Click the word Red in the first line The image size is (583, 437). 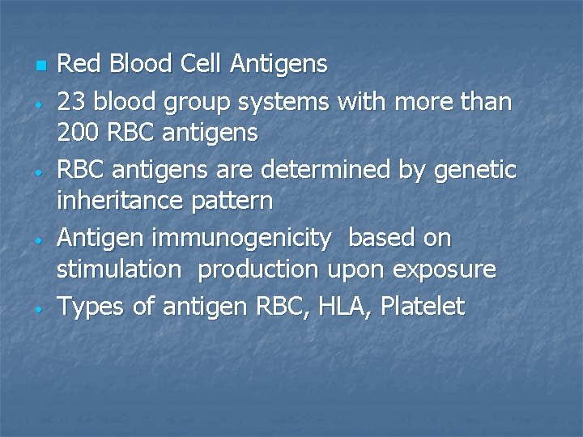coord(75,64)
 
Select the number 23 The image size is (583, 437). coord(71,103)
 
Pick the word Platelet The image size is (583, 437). coord(423,307)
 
